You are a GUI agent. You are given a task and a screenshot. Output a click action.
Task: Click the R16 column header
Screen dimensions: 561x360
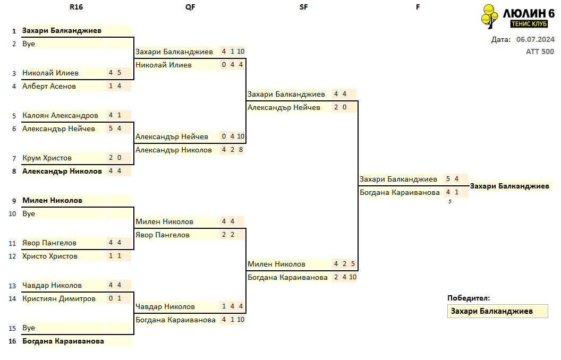click(76, 7)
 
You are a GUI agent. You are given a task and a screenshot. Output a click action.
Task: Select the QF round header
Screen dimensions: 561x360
click(190, 7)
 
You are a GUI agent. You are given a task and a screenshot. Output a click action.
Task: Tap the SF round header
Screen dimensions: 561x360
click(303, 7)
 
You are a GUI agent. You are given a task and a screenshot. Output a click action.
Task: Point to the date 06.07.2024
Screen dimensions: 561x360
click(535, 39)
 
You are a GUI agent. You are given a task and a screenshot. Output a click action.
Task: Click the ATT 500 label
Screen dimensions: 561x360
click(540, 52)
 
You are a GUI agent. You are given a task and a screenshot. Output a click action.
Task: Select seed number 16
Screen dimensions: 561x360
click(13, 341)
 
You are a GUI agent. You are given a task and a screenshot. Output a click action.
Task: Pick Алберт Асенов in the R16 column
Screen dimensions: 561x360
click(49, 86)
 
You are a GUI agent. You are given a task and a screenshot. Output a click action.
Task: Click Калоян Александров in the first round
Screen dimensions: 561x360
click(60, 115)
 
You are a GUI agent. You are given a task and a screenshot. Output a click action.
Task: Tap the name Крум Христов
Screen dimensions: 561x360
click(47, 158)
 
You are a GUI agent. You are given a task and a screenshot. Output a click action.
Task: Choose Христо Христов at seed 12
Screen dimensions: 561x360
click(50, 256)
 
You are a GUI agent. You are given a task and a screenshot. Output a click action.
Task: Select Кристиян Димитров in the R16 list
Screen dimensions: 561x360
click(59, 299)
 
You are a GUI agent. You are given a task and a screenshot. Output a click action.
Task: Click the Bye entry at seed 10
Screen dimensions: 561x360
click(29, 214)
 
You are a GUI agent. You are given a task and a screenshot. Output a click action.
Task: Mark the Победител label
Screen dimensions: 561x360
click(469, 298)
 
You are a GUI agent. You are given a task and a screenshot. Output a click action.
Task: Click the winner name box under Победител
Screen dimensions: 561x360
click(498, 311)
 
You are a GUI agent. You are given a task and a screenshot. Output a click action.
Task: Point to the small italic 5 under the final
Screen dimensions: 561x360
click(450, 202)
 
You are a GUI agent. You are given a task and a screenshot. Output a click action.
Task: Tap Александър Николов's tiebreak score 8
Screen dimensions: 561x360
click(241, 150)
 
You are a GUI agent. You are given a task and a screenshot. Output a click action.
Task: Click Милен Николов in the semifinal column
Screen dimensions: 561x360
click(277, 264)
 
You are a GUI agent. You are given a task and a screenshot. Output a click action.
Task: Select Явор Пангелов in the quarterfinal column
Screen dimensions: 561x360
click(163, 235)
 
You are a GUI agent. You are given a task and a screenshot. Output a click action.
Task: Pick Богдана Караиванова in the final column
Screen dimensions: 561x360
click(399, 193)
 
